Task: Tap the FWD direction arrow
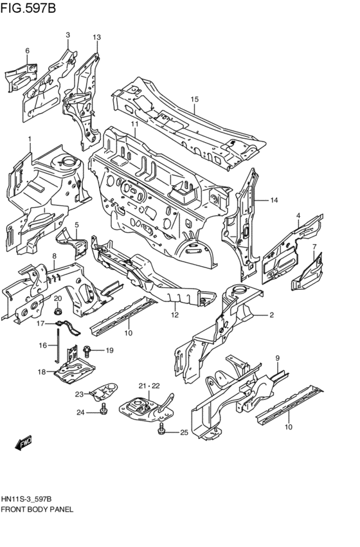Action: [24, 442]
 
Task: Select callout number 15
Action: [195, 99]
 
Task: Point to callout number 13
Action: [96, 38]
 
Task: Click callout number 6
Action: [27, 51]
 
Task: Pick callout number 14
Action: [274, 201]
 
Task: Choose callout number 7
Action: [314, 247]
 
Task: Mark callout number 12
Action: [174, 314]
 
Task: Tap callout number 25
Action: [183, 433]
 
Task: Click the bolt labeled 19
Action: [87, 350]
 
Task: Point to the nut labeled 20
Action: [57, 310]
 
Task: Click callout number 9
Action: [277, 357]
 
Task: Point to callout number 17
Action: [40, 323]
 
